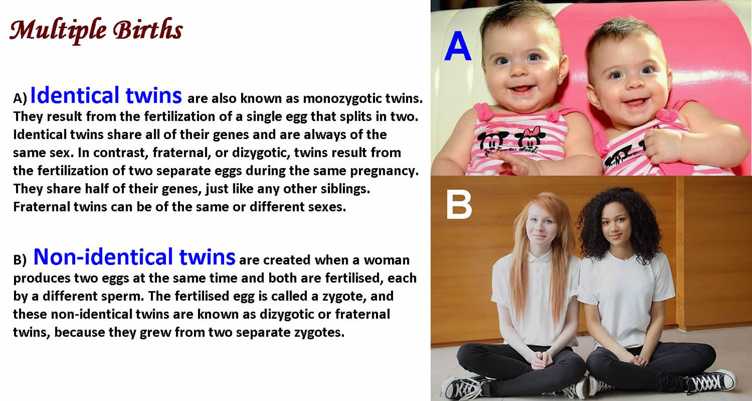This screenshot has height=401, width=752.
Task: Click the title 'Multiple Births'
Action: pyautogui.click(x=96, y=30)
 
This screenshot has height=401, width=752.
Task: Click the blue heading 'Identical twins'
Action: pyautogui.click(x=106, y=95)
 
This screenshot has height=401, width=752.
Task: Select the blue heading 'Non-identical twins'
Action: pyautogui.click(x=134, y=257)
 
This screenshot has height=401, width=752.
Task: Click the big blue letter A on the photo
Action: pyautogui.click(x=458, y=46)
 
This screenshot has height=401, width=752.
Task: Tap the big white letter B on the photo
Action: pyautogui.click(x=459, y=204)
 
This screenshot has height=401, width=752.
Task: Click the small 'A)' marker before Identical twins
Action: pyautogui.click(x=20, y=99)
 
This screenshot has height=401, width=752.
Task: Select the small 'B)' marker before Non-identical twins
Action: pyautogui.click(x=20, y=260)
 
